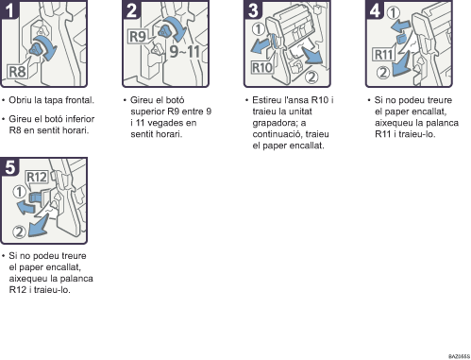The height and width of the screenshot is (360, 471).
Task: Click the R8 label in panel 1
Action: [x=18, y=72]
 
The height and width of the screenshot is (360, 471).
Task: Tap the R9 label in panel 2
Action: [x=138, y=36]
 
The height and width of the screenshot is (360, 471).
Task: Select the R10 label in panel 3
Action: [x=262, y=67]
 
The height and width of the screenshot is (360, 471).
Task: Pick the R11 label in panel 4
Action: [x=384, y=55]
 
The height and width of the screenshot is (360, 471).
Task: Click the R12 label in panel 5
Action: [x=37, y=177]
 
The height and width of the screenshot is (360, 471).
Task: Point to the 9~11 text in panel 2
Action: [x=185, y=51]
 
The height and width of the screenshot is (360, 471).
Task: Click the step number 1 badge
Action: [x=9, y=9]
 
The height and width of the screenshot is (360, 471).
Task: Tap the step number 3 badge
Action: [x=253, y=9]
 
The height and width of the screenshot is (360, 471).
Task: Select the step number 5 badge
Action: [x=9, y=166]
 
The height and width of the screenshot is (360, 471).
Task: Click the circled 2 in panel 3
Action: [x=311, y=77]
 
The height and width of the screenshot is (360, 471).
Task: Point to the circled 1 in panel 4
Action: [x=393, y=13]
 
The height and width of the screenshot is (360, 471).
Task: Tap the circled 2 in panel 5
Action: [x=19, y=232]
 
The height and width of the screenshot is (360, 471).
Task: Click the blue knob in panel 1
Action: [x=37, y=49]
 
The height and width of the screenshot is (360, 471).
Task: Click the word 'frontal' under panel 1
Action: [x=80, y=100]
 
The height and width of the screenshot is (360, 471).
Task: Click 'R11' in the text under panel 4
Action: [x=382, y=134]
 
